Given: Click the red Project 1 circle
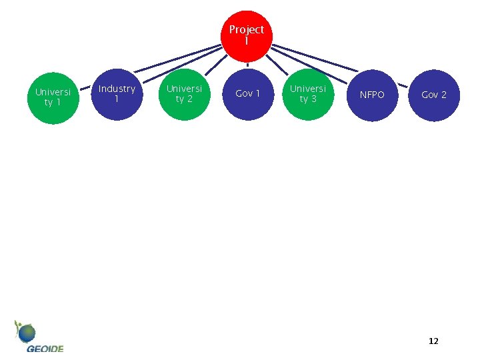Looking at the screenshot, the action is [247, 35].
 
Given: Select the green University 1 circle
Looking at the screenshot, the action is [53, 97].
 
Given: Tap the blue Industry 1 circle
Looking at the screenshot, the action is [117, 94].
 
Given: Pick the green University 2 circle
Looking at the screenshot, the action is [184, 94].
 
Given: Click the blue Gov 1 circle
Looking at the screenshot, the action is [247, 94].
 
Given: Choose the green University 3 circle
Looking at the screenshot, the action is [308, 94].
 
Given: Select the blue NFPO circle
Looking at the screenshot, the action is [372, 95].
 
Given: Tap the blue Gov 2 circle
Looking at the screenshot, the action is [434, 95].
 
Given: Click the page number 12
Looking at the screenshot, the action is [433, 341].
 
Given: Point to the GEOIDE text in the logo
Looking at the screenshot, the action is [45, 348].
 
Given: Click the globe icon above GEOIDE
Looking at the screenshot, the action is [27, 332].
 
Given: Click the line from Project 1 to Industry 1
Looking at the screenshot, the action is [177, 59].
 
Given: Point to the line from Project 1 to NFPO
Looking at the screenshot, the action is [313, 59].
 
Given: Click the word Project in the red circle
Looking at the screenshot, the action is [247, 30].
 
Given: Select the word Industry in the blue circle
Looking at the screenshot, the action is [117, 89].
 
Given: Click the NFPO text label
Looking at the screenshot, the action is [372, 95].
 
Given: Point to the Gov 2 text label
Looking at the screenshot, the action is [434, 95].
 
